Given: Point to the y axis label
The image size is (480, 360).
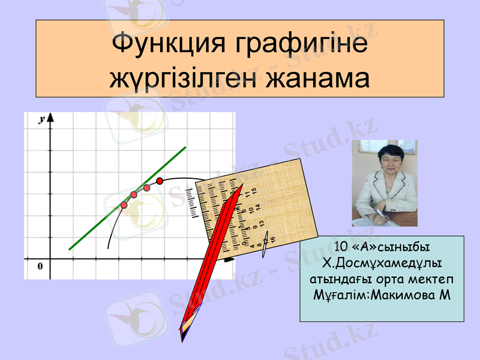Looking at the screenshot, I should pos(42,119).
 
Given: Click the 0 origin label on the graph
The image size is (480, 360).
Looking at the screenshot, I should pos(40,266).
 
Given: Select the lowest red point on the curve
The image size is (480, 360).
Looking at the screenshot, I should pos(124,205).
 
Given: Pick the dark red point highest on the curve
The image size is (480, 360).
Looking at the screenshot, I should pos(160,181).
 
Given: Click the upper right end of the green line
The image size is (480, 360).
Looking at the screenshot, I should pos(185,147).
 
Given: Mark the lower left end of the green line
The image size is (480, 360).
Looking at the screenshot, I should pos(70,248).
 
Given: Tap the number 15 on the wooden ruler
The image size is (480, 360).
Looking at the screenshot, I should pos(254,191).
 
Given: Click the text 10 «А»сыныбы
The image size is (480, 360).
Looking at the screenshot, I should pos(382,247).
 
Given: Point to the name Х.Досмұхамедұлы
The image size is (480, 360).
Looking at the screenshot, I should pos(382,263).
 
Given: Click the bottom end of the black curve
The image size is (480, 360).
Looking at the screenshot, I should pos(109,247).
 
